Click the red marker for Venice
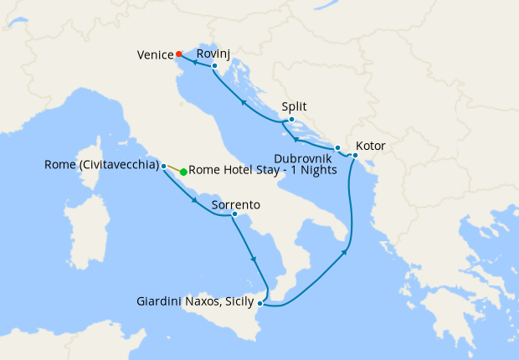point(179,55)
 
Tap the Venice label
point(155,56)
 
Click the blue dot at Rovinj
point(214,66)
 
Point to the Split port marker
point(290,120)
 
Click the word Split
point(294,107)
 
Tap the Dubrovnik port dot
point(337,148)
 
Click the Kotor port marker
point(355,155)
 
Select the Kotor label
point(370,145)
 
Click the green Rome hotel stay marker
point(183,172)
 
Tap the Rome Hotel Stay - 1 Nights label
point(263,170)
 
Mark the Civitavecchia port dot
point(163,165)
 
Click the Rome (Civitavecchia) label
point(101,165)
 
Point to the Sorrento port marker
point(234,216)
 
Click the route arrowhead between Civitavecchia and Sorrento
point(194,200)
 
